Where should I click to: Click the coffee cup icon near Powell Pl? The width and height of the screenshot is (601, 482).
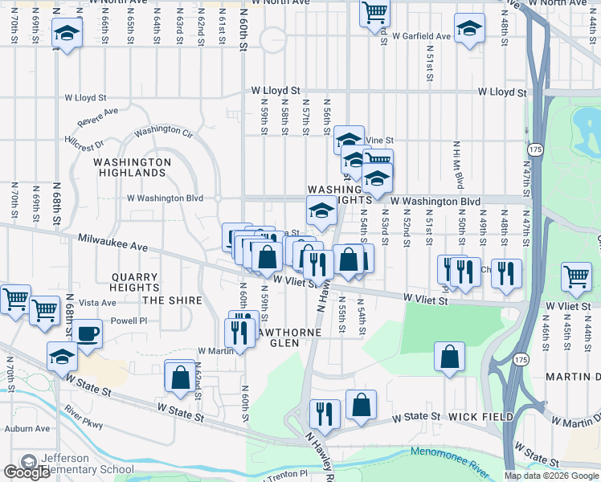point(88,333)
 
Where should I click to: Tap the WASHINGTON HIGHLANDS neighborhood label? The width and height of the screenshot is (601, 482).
point(133,167)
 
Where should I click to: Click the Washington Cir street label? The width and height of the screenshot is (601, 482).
point(164,130)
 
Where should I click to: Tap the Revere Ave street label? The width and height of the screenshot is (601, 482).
point(98,116)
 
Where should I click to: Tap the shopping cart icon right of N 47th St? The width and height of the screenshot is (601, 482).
point(577,277)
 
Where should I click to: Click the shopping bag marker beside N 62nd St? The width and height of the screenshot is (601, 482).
point(180,376)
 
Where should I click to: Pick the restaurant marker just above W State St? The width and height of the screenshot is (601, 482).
point(325,414)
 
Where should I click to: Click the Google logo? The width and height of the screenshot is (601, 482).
point(27,472)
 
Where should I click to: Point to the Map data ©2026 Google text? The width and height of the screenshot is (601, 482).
point(551,476)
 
